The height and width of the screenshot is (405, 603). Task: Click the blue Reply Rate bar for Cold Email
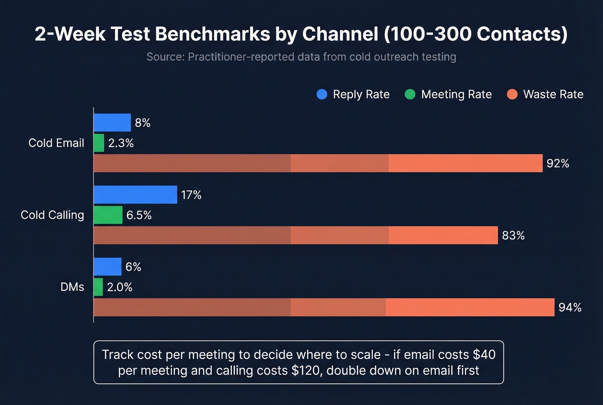coord(112,122)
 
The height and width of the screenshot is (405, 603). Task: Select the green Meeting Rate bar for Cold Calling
coord(108,215)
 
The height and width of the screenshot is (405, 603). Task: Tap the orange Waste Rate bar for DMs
coord(323,307)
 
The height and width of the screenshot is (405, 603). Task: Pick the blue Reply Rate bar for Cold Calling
coord(135,195)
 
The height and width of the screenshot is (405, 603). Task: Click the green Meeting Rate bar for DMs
coord(98,287)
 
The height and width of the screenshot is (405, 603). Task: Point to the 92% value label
coord(558,163)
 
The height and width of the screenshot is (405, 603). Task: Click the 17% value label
coord(191,195)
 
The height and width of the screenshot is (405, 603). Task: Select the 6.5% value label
coord(139,215)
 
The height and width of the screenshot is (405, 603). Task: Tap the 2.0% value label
coord(119,287)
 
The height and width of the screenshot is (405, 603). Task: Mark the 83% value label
coord(513,235)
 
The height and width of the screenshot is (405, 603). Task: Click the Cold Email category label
coord(56,143)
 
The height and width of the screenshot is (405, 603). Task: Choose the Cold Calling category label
coord(52,215)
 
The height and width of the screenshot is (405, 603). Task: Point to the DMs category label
coord(72,287)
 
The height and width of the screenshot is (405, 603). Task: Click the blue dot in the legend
coord(322,94)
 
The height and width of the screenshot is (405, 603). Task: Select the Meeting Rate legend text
coord(456,94)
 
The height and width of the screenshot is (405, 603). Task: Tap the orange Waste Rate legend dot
coord(512,94)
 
